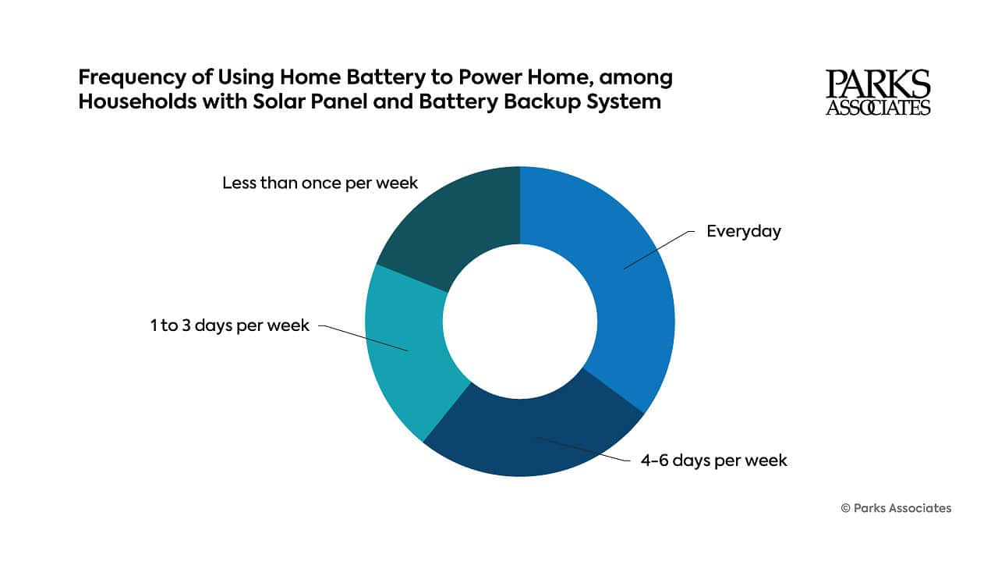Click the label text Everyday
coord(743,232)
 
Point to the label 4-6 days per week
coord(713,461)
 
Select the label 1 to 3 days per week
coord(230,325)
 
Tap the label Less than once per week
coord(320,183)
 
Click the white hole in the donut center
coord(520,322)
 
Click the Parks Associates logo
coord(878,92)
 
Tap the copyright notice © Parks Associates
coord(896,508)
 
